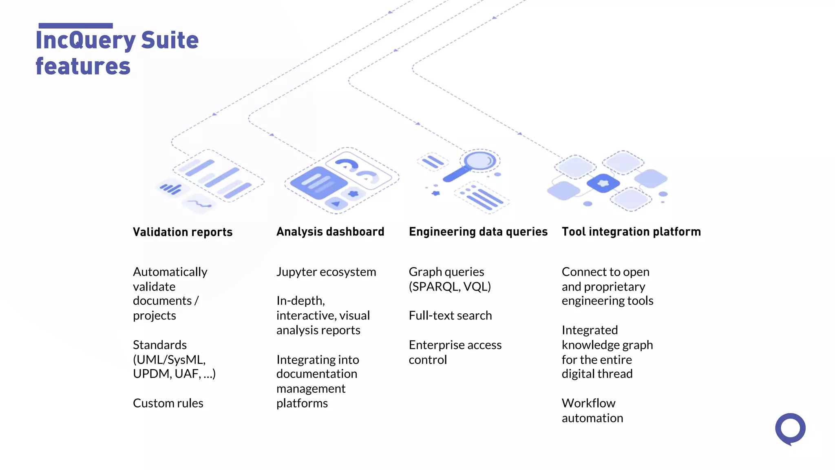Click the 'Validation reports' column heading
[183, 232]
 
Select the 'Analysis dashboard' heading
[330, 232]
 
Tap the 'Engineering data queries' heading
[478, 232]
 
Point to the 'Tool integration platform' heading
[631, 232]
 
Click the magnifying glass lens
[480, 160]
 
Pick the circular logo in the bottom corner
[790, 429]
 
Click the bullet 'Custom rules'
[168, 403]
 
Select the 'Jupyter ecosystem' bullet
[326, 272]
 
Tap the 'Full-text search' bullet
[450, 315]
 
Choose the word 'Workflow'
[588, 403]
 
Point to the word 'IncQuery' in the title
[86, 40]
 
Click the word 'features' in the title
[83, 67]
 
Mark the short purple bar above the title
[75, 26]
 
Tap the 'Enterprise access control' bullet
[455, 352]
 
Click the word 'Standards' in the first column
[160, 345]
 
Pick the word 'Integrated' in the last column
[590, 330]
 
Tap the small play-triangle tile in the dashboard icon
[336, 203]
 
